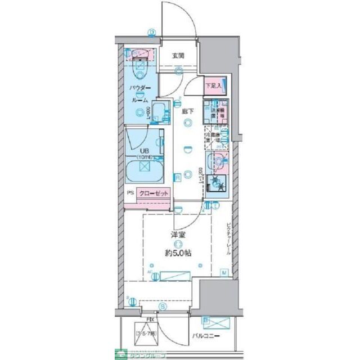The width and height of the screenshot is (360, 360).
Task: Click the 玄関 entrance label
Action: pos(178,56)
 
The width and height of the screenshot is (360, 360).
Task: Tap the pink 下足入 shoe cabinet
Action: pos(213,86)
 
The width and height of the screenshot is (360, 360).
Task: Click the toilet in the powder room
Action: pos(139,69)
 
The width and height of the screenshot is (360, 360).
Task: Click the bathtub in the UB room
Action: pos(145,169)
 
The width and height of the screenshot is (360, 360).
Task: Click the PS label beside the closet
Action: pos(130,193)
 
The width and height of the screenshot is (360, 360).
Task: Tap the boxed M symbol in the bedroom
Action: pos(223,273)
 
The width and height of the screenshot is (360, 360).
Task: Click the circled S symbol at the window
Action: pos(162,307)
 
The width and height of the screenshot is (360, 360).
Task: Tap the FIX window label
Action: pos(149,319)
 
